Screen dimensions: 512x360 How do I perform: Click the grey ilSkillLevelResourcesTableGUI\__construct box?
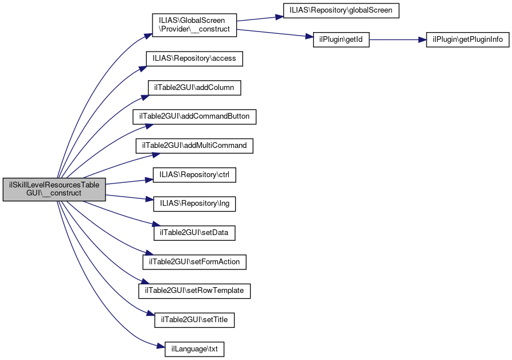point(54,189)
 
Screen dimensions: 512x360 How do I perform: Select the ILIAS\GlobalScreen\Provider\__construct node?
point(194,25)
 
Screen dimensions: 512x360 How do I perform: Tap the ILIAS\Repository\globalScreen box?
point(341,10)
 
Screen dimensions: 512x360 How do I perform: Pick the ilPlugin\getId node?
point(341,40)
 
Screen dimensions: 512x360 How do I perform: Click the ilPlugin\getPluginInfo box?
point(468,40)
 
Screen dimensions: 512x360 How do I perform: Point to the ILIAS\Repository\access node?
point(194,58)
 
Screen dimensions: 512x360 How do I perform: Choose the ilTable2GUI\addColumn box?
point(194,88)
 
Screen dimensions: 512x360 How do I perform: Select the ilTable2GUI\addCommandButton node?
point(194,116)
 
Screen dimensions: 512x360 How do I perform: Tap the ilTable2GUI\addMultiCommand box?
point(194,146)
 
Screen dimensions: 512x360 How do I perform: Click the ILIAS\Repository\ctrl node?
point(194,175)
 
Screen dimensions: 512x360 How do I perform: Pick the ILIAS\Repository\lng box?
point(194,204)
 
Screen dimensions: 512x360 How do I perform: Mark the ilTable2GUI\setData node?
point(194,233)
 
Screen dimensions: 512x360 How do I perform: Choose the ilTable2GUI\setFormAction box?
point(194,262)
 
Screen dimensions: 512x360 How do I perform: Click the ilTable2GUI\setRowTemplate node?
point(194,291)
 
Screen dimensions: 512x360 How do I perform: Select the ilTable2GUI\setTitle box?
point(194,320)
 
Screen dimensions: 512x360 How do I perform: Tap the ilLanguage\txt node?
point(194,349)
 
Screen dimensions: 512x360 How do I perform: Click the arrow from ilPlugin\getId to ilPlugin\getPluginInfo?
point(398,40)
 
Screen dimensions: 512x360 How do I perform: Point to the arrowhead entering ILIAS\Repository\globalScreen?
point(279,17)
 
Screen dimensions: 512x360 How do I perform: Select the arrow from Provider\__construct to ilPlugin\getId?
point(275,33)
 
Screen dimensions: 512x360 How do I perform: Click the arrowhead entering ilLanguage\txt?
point(161,346)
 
